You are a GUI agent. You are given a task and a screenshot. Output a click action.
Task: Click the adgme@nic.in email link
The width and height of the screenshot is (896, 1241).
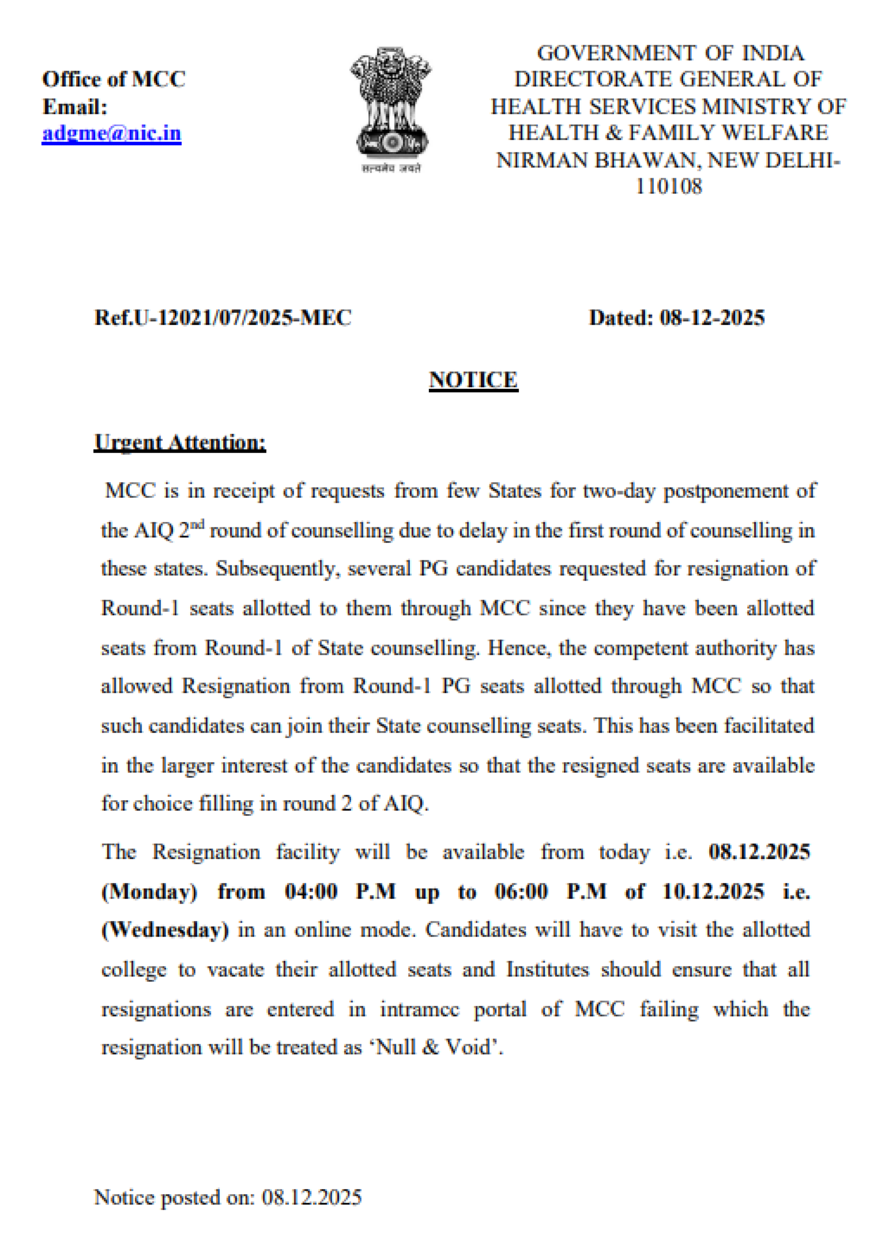tap(111, 133)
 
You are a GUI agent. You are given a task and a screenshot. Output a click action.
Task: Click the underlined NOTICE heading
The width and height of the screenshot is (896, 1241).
tap(473, 380)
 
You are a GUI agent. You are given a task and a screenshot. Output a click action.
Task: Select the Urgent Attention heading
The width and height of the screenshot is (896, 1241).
tap(180, 442)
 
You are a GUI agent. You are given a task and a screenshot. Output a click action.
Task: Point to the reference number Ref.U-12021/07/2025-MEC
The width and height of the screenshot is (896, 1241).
tap(222, 317)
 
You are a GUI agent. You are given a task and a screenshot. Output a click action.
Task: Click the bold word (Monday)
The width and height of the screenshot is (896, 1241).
tap(149, 892)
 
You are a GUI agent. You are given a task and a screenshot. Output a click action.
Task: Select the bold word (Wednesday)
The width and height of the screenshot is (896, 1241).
tap(165, 930)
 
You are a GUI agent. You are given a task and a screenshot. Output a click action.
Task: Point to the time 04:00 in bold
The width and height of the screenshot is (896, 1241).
tap(311, 892)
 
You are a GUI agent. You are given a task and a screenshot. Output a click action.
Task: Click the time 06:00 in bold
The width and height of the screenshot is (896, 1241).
tap(520, 892)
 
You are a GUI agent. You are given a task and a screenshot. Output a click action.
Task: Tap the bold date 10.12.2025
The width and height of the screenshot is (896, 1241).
tap(713, 892)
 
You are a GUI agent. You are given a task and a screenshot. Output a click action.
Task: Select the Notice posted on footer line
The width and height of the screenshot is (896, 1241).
tap(228, 1197)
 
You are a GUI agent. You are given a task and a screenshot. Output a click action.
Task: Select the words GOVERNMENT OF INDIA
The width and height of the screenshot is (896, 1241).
tap(671, 53)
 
